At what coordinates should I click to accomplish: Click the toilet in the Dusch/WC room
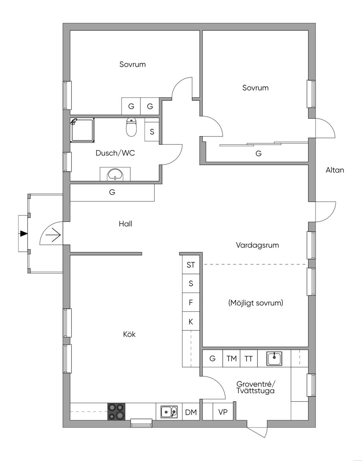click(132, 128)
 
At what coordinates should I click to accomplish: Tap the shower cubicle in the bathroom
click(82, 130)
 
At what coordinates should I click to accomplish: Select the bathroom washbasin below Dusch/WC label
click(115, 174)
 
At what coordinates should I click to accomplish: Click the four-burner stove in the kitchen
click(116, 412)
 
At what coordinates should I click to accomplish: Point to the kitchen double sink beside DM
click(169, 412)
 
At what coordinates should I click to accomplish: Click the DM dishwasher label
click(191, 412)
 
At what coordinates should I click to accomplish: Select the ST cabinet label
click(191, 265)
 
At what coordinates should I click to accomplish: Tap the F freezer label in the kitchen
click(191, 302)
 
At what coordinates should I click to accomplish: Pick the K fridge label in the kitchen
click(191, 322)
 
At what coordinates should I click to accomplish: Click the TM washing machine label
click(232, 358)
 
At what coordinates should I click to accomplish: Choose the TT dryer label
click(249, 358)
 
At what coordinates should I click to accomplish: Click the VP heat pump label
click(223, 412)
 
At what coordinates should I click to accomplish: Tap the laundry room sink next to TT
click(274, 358)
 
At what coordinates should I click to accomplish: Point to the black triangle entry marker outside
click(24, 234)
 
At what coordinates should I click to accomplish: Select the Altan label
click(335, 170)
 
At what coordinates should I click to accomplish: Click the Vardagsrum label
click(257, 245)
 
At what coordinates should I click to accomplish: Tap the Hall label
click(125, 224)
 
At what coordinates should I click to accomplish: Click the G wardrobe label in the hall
click(112, 192)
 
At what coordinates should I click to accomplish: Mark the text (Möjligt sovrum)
click(256, 303)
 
